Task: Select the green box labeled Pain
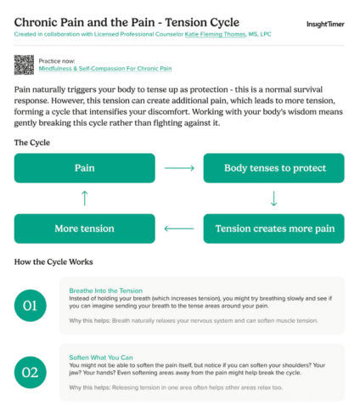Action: (84, 168)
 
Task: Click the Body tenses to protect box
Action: (273, 168)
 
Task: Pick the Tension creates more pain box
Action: (273, 228)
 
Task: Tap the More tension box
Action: (84, 228)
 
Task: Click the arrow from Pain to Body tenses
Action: (179, 168)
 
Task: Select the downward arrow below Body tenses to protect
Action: (273, 198)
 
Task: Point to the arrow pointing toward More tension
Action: (179, 228)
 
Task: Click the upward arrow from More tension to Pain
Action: (84, 198)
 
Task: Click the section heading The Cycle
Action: (32, 142)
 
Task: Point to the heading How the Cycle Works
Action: (53, 261)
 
